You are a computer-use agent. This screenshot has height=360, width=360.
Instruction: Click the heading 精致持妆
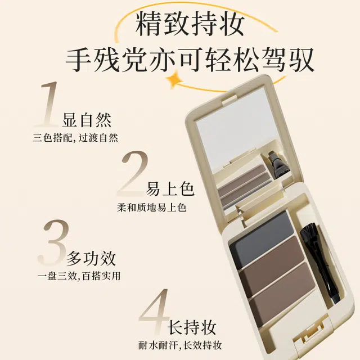(x=190, y=24)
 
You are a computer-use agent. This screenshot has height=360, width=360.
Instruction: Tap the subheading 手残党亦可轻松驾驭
(x=190, y=60)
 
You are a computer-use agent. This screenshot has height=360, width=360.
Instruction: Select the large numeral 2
(x=133, y=174)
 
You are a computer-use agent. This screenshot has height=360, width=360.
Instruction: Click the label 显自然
(x=87, y=120)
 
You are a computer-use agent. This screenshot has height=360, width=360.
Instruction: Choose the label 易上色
(x=170, y=189)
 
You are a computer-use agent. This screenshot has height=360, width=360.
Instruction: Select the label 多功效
(x=91, y=258)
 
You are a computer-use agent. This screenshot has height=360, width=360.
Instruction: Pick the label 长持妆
(x=192, y=327)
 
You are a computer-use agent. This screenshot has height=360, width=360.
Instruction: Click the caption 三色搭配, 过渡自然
(x=75, y=138)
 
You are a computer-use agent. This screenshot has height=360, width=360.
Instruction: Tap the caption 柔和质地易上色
(x=151, y=208)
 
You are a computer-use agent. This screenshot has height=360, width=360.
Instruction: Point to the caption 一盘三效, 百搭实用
(x=79, y=276)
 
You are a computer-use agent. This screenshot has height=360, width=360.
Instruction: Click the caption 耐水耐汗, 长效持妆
(x=180, y=345)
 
